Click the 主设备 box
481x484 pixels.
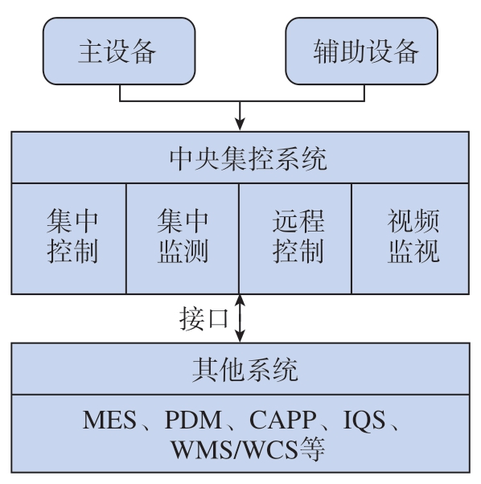click(x=119, y=51)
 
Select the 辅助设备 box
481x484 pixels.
click(x=361, y=51)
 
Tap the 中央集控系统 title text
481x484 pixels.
click(x=249, y=158)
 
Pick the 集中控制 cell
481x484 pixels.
click(x=69, y=239)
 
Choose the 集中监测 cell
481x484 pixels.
click(x=183, y=239)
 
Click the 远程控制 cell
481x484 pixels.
click(x=295, y=239)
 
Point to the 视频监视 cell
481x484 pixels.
click(x=410, y=239)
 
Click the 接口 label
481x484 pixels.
click(x=203, y=318)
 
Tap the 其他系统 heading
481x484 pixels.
click(x=245, y=370)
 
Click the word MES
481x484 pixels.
click(x=109, y=420)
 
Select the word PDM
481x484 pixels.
click(x=193, y=420)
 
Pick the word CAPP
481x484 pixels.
click(x=282, y=420)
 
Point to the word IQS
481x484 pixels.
click(x=364, y=420)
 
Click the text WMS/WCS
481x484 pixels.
click(x=235, y=449)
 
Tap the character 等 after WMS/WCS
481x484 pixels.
click(x=312, y=449)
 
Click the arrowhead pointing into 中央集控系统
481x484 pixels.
click(x=240, y=124)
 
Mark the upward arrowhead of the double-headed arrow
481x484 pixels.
click(x=240, y=301)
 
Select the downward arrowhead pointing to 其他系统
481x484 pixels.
click(x=240, y=336)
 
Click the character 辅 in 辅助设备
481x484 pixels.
click(x=327, y=51)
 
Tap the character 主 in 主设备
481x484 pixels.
click(x=91, y=51)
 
